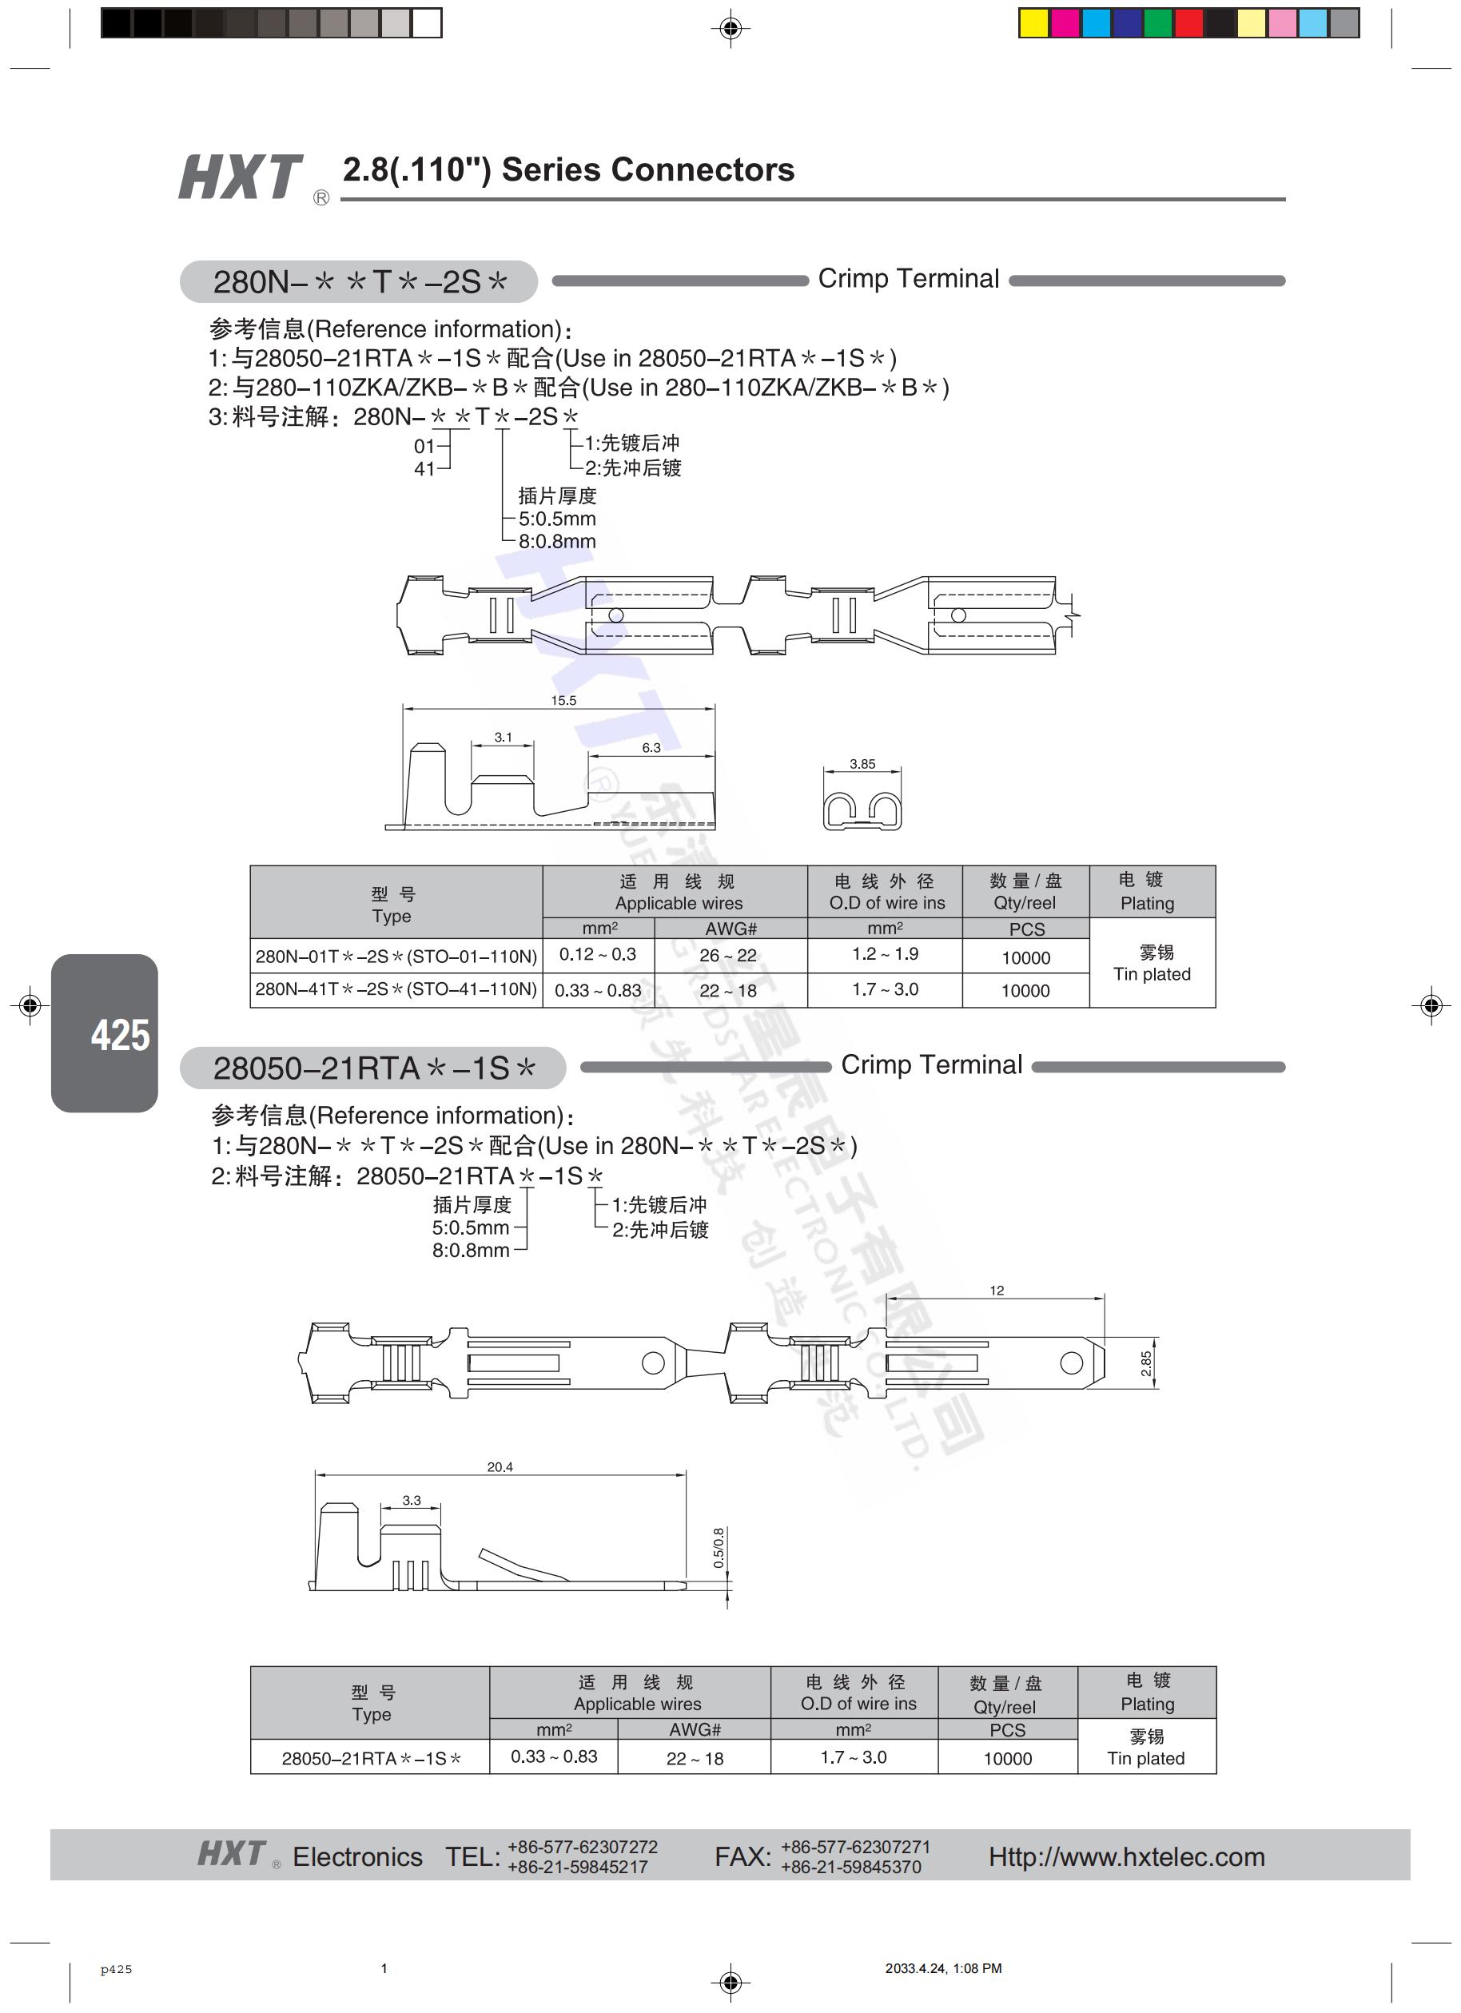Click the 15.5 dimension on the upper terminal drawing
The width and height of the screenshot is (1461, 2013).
tap(563, 700)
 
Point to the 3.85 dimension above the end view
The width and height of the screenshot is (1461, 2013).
tap(862, 763)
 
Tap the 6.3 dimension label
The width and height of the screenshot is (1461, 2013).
tap(651, 747)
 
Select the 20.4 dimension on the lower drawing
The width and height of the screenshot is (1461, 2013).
tap(500, 1466)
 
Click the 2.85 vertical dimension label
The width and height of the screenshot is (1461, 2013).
tap(1146, 1363)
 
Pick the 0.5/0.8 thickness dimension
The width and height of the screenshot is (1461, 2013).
tap(718, 1547)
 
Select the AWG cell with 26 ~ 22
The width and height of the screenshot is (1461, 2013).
tap(728, 955)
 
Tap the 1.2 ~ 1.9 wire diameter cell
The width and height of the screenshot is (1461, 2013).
tap(885, 954)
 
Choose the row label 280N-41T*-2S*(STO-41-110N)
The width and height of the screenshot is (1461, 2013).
tap(396, 989)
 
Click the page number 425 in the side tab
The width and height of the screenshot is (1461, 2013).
tap(120, 1035)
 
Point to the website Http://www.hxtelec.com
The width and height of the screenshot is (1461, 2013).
tap(1126, 1857)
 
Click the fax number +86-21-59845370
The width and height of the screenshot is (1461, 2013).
tap(850, 1867)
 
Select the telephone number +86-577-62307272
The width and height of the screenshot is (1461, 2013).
tap(583, 1847)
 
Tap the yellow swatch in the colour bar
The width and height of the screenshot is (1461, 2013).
tap(1033, 23)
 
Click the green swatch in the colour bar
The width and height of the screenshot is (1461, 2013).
tap(1157, 23)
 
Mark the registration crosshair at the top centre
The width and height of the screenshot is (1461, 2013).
tap(730, 29)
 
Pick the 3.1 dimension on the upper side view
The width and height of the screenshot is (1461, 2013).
tap(504, 737)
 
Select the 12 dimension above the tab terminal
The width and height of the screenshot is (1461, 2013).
tap(997, 1291)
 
